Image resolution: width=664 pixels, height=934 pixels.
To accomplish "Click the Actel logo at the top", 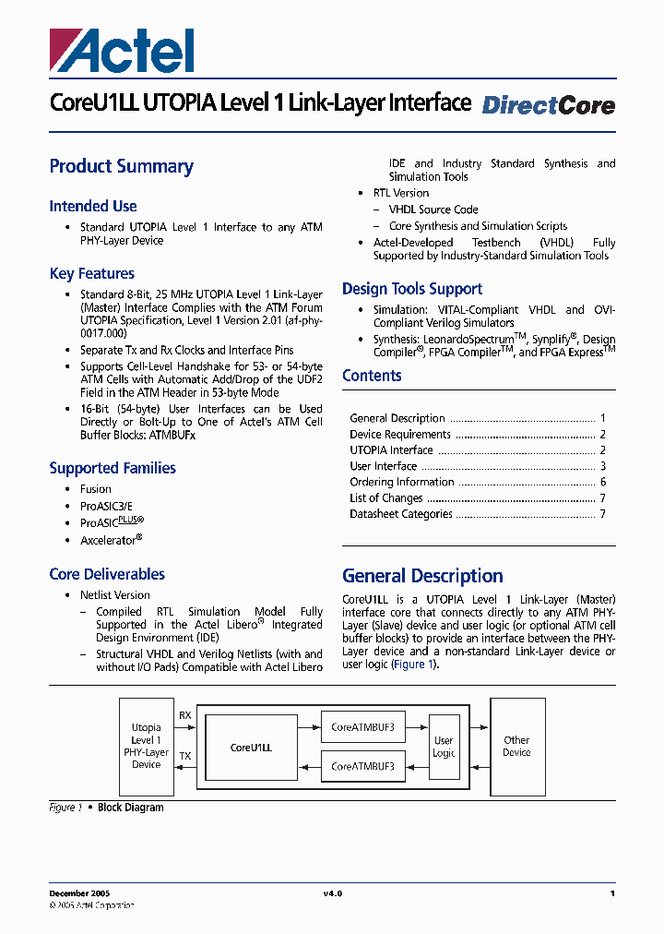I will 122,50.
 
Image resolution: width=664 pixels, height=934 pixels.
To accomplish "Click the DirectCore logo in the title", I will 548,105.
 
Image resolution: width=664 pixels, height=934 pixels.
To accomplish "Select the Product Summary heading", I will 121,167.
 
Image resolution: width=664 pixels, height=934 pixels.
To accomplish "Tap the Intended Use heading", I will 93,207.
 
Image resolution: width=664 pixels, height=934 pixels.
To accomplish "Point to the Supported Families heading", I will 113,468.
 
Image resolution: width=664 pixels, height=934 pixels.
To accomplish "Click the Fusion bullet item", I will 95,489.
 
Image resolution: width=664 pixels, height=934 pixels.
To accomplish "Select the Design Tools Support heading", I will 412,289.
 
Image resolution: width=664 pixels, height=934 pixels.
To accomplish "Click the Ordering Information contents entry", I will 402,482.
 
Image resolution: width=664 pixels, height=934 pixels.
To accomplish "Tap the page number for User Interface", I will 602,466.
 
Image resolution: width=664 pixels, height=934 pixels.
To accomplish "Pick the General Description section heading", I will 422,576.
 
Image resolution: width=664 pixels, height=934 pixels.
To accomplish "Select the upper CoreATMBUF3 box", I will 362,727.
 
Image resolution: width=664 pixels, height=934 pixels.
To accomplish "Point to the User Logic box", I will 444,747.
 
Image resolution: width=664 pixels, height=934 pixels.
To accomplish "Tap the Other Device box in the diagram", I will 516,747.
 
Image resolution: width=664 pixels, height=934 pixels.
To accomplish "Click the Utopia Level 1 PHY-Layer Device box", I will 146,746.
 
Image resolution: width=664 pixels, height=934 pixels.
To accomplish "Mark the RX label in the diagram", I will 185,714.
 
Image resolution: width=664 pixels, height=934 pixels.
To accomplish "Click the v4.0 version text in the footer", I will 332,893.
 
